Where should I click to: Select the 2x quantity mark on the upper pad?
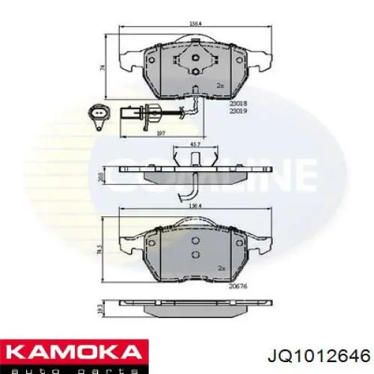220,87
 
